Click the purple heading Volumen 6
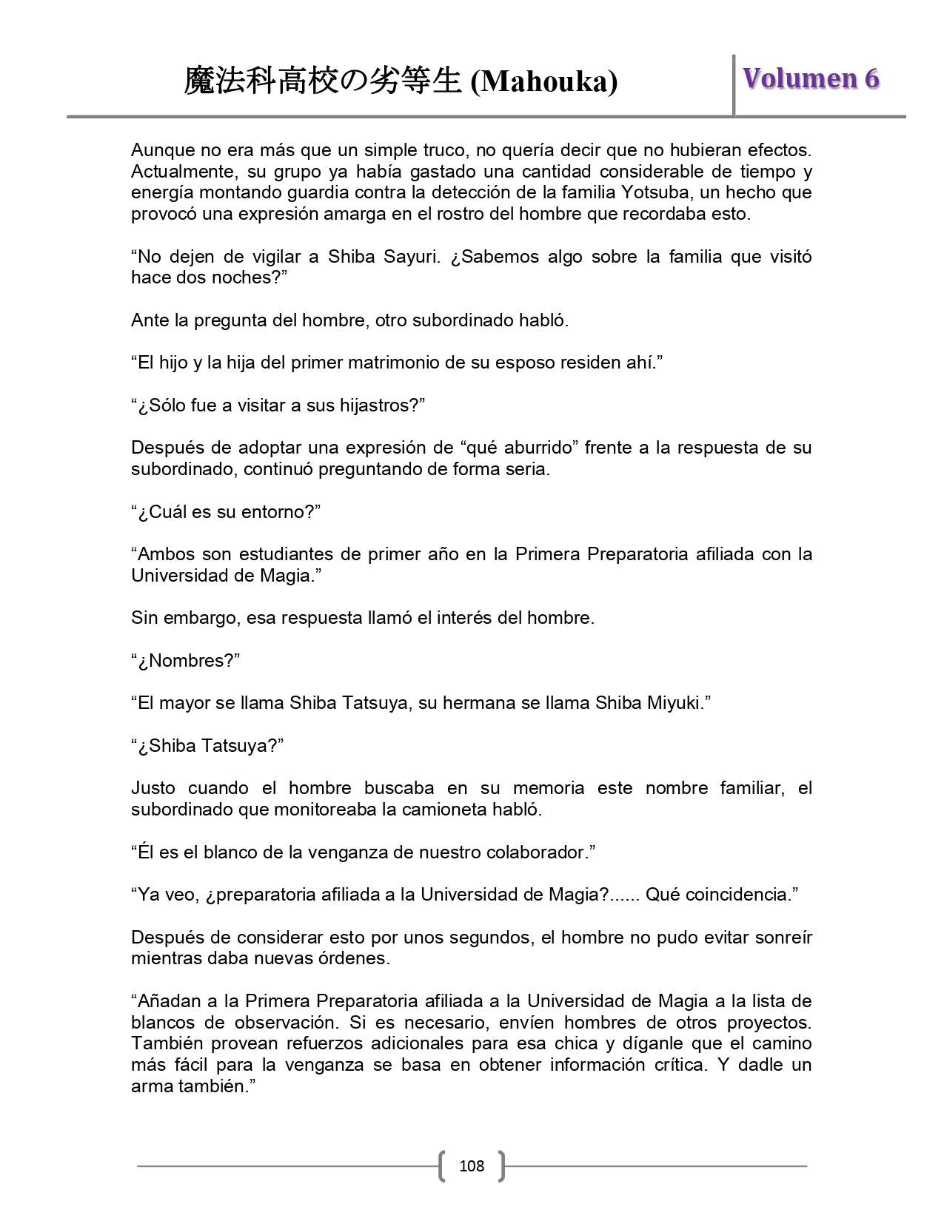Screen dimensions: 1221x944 811,78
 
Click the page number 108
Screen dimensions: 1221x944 472,1166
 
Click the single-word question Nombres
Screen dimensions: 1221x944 189,661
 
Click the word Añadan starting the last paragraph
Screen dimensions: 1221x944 170,1001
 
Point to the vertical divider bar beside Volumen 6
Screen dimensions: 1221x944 734,84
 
